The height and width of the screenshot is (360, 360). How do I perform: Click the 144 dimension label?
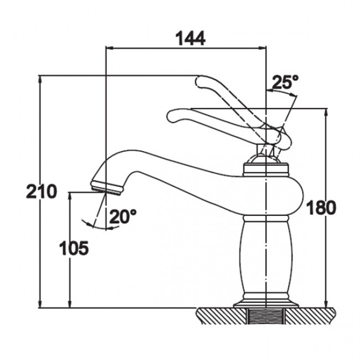(191, 38)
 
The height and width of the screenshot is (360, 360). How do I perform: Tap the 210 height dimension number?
(42, 191)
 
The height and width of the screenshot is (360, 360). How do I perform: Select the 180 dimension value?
(321, 207)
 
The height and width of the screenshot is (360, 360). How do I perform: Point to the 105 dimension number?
(74, 248)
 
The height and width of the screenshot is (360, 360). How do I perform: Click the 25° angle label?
(285, 81)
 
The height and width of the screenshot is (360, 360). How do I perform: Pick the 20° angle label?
(123, 216)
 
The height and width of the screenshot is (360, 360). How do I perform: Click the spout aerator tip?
(107, 188)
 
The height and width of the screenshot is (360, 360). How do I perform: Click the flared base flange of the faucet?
(266, 304)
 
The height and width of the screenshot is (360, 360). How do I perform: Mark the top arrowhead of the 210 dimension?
(40, 79)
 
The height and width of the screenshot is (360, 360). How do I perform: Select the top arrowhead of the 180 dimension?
(326, 112)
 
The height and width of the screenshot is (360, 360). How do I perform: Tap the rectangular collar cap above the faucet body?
(266, 169)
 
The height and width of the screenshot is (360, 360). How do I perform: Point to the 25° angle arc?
(282, 92)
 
